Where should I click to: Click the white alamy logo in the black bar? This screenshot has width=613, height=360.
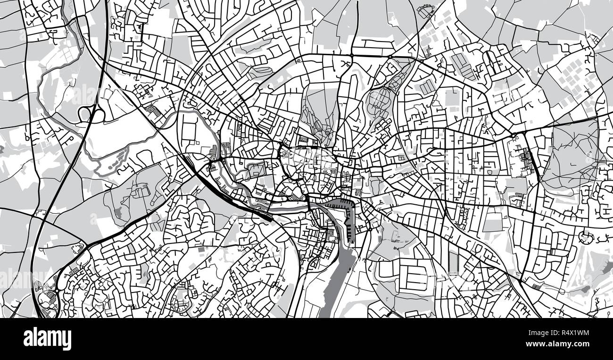coord(47,339)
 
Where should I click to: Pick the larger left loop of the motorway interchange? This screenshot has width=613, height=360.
coord(85,114)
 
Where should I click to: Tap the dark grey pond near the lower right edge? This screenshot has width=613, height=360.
coord(585,289)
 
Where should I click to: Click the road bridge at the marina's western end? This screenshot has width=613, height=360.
coord(308,202)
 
